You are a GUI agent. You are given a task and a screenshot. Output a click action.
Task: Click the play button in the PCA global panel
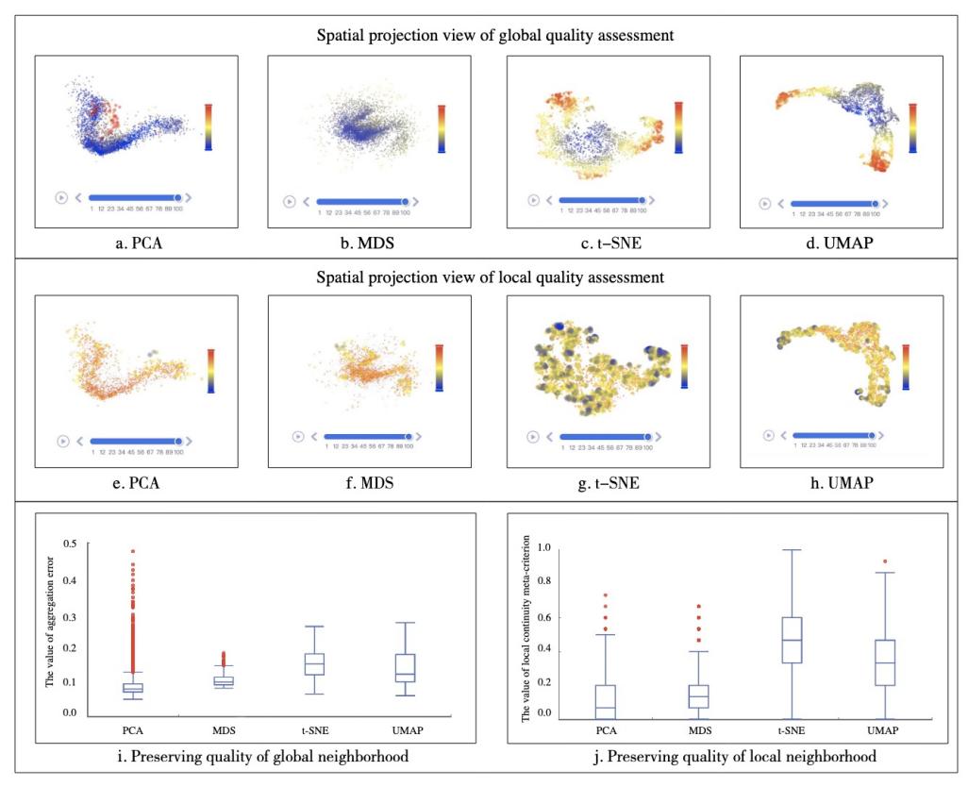tap(61, 197)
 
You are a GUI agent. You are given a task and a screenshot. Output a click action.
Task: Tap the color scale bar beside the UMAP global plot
tap(912, 126)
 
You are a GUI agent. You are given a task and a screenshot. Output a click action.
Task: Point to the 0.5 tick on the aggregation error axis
tap(69, 544)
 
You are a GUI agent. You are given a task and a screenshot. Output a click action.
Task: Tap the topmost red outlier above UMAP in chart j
tap(885, 561)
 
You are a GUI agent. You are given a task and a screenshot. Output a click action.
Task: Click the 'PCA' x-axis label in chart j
tap(608, 730)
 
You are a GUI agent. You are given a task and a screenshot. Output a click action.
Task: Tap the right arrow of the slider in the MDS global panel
tap(416, 201)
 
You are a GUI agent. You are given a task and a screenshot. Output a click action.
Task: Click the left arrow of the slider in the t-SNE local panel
tap(550, 437)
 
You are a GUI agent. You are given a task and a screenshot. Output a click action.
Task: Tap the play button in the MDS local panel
tap(298, 436)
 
